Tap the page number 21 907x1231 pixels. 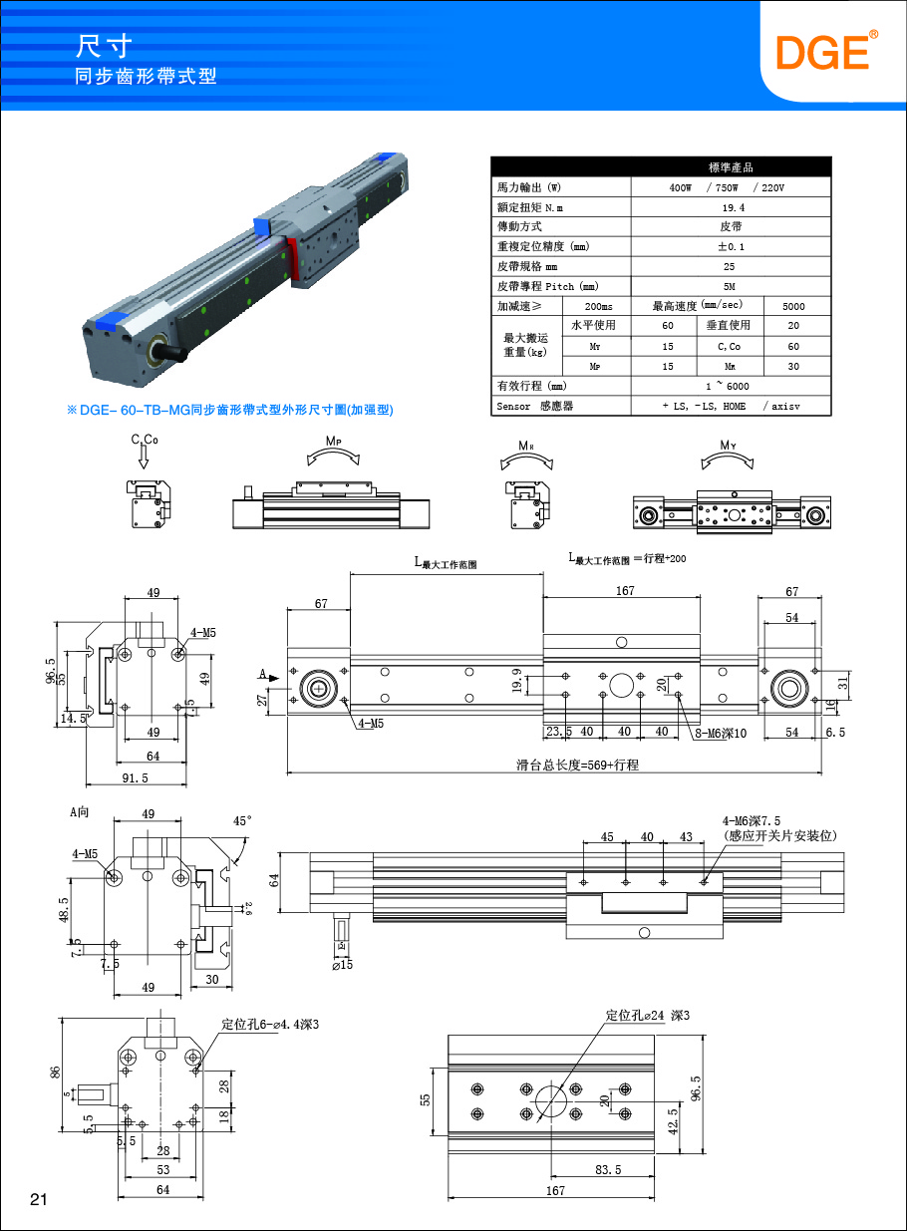39,1199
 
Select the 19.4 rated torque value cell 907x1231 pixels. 733,207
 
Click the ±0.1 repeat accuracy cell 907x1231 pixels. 733,246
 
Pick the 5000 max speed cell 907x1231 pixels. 793,306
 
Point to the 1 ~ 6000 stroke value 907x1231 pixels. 733,386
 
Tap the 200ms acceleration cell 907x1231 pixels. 598,306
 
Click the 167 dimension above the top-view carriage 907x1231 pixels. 625,591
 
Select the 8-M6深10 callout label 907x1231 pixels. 722,734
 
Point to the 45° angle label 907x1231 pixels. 242,821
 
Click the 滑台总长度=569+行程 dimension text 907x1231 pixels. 576,765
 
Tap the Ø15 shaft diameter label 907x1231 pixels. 342,964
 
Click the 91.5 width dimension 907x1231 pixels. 134,777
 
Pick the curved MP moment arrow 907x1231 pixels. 333,457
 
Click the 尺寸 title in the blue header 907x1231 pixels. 104,47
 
